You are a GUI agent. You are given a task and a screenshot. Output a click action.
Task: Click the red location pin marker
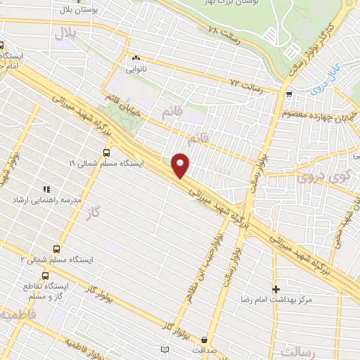[x=181, y=165]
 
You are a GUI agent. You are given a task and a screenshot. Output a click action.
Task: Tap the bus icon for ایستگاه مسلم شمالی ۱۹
[x=106, y=152]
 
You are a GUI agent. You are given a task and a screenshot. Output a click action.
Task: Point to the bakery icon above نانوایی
[x=136, y=58]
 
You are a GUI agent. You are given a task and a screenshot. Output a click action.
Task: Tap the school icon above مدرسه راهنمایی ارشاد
[x=46, y=189]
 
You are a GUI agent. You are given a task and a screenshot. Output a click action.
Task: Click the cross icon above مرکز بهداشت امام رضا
[x=276, y=288]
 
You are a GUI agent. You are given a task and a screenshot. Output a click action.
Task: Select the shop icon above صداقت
[x=205, y=338]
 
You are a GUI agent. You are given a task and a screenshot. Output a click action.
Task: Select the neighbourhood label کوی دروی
[x=328, y=171]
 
